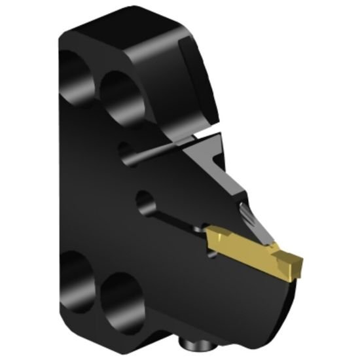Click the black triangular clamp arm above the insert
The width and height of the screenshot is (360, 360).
tap(216, 170)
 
